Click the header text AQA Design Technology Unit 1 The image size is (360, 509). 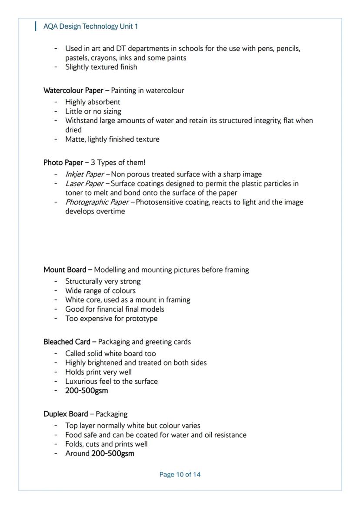tap(90, 27)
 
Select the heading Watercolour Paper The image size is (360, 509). tap(73, 90)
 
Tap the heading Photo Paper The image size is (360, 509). tap(63, 163)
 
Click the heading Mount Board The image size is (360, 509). tap(65, 270)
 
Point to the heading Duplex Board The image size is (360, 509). tap(66, 414)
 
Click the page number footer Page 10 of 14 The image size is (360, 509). tap(180, 474)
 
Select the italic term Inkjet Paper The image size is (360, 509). tap(84, 174)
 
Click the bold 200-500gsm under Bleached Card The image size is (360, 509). tap(87, 390)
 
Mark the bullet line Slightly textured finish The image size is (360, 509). tap(101, 67)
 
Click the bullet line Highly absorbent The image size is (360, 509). tap(93, 102)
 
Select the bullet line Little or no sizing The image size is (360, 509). tap(93, 111)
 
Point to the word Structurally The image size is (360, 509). tap(83, 281)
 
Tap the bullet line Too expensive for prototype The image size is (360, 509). tap(111, 319)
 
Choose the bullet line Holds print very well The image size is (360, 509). tap(98, 372)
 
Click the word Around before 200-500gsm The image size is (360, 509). tap(77, 454)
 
